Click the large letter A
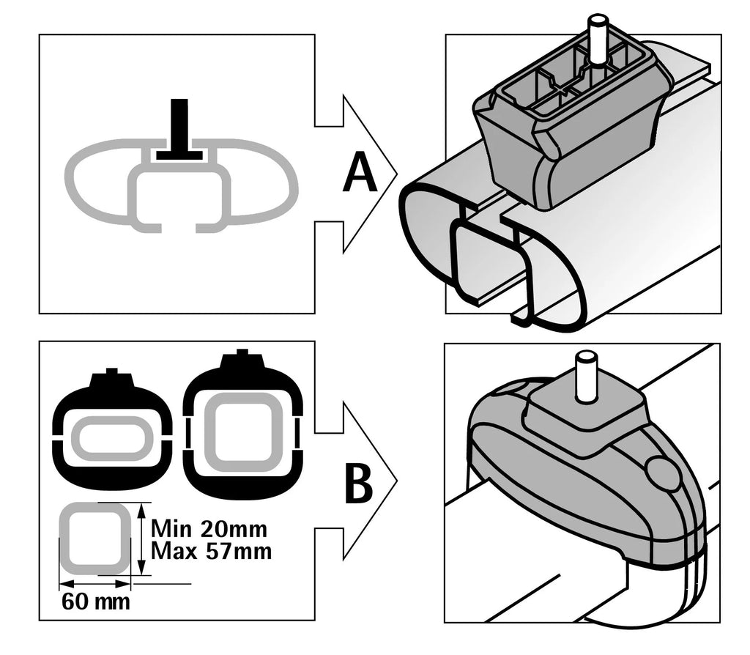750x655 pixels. click(360, 176)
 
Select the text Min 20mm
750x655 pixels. click(209, 528)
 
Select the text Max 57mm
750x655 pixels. click(211, 550)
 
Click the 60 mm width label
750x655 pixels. click(96, 602)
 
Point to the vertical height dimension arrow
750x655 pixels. click(139, 539)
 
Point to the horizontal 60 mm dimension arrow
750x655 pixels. click(95, 584)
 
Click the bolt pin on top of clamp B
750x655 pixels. click(585, 375)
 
